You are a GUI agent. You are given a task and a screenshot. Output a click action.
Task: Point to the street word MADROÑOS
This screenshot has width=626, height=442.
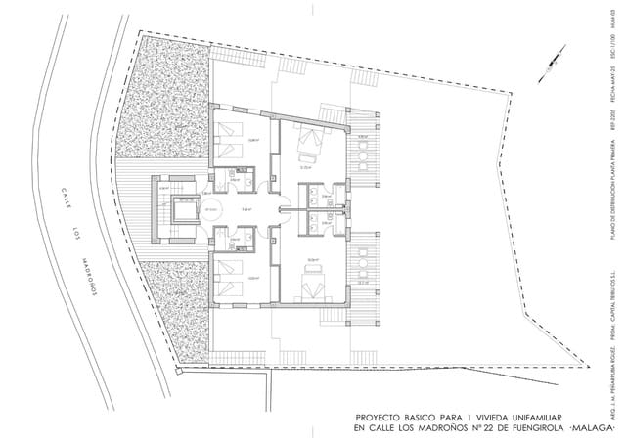(x=89, y=279)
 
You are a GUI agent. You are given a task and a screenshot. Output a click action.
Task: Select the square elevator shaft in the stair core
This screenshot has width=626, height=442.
(x=182, y=208)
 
